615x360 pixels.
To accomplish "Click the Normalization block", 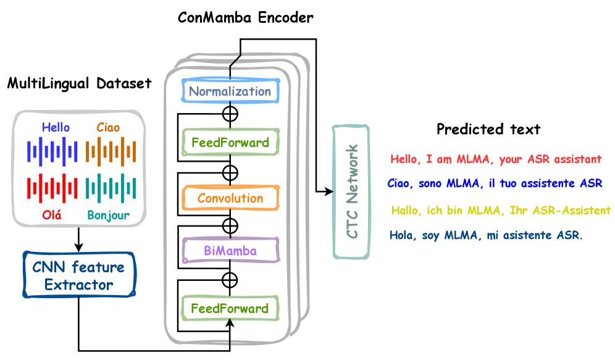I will click(230, 91).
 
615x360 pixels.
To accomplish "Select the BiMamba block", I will click(230, 251).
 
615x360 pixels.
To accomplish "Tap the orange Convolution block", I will click(230, 198).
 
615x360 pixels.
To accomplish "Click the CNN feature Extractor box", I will click(79, 276).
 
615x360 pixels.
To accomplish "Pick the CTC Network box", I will click(351, 191).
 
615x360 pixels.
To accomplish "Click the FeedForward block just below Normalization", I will click(230, 143).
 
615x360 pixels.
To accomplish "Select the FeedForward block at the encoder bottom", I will click(230, 308).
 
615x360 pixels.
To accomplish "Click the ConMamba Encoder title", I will click(245, 17).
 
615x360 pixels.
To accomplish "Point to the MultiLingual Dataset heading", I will click(79, 83).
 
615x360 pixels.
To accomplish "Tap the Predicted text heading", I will click(488, 129).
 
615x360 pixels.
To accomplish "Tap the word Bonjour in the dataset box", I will click(109, 216).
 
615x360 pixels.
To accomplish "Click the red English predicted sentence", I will click(496, 159).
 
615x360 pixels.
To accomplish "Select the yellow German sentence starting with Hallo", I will click(501, 211).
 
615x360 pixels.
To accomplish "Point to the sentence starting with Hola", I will click(486, 235).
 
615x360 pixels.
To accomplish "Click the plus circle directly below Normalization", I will click(230, 114).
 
